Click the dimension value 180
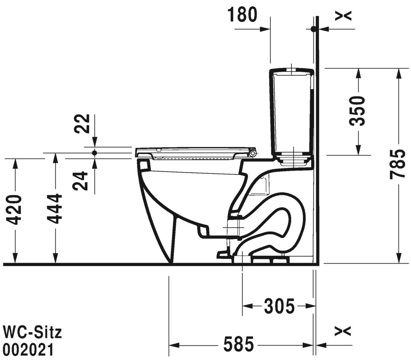point(243,15)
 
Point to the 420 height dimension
point(16,210)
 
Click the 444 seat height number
point(55,210)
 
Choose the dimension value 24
point(82,181)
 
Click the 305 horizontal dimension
point(279,306)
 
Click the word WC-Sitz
point(32,332)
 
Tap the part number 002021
point(28,349)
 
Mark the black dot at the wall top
point(313,29)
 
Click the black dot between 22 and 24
point(95,153)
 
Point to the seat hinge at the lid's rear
point(253,153)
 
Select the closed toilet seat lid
point(194,150)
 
